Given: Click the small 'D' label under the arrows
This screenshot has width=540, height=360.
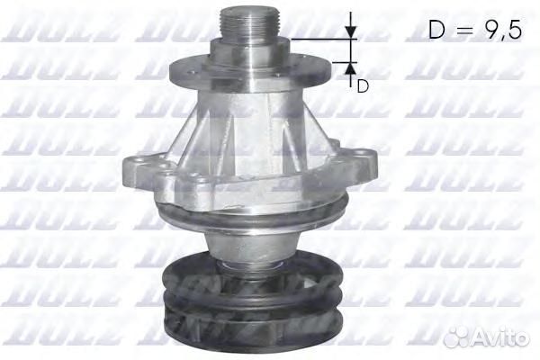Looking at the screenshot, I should (363, 86).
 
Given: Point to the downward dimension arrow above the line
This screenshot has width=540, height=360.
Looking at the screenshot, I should (352, 30).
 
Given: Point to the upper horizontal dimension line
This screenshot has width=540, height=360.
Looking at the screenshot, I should (319, 40).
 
